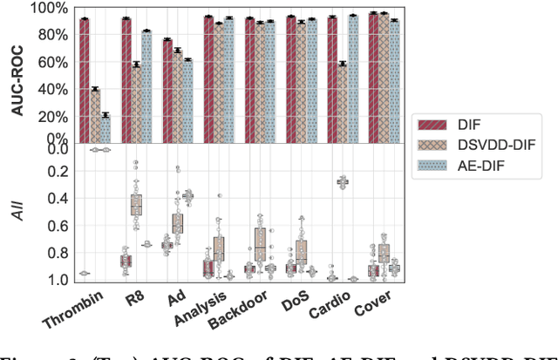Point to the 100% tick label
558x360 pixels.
(x=47, y=9)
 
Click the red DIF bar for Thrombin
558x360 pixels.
(x=85, y=78)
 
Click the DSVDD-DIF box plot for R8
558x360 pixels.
(x=136, y=205)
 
